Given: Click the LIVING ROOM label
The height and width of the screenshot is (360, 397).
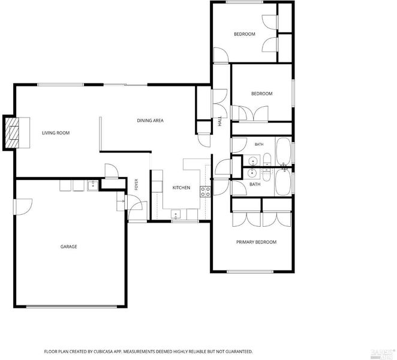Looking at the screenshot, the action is click(56, 133).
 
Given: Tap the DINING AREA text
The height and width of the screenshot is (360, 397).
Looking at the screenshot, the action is click(150, 121).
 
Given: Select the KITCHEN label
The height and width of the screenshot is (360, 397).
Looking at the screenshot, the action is click(181, 188).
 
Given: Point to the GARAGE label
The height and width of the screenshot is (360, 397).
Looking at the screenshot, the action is click(68, 247).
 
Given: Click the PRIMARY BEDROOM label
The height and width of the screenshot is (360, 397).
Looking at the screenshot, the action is click(256, 242).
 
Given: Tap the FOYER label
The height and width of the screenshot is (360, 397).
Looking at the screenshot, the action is click(136, 184).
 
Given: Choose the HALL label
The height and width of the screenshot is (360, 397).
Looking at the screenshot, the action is click(219, 121).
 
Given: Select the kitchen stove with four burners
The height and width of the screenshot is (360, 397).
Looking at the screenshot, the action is click(205, 191).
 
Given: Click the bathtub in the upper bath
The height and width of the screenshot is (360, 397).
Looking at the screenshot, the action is click(283, 151).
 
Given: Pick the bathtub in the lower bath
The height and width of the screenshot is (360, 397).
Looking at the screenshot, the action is click(283, 182).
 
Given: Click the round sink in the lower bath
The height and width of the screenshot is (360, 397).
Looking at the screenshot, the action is click(252, 173).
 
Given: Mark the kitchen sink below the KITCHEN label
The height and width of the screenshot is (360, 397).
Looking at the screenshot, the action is click(176, 214).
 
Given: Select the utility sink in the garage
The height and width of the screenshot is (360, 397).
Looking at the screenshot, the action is click(93, 186).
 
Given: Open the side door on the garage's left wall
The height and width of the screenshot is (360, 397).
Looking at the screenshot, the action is click(23, 207).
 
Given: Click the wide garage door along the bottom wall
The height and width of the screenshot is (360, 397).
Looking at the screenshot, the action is click(71, 307).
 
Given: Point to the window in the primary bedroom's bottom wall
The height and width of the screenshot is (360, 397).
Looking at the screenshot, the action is click(250, 272).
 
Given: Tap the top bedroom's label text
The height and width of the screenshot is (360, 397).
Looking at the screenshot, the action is click(245, 34).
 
